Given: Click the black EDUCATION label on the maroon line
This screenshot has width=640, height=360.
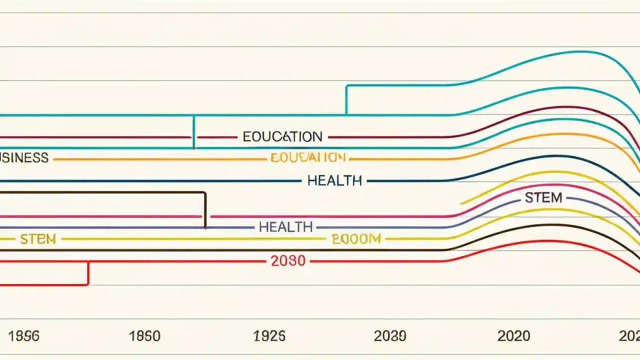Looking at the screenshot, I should (282, 136).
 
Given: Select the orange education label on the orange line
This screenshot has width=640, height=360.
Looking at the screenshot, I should (307, 158).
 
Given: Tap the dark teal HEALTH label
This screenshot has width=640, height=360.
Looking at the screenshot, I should (334, 180).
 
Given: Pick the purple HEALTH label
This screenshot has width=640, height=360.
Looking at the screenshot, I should (285, 227).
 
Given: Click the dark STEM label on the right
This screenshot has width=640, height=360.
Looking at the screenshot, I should (543, 197).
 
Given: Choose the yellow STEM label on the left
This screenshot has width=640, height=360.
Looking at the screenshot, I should (38, 239).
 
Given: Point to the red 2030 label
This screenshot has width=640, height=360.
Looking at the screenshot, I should (288, 260).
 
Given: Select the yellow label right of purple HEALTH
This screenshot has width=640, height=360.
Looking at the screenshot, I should (356, 239).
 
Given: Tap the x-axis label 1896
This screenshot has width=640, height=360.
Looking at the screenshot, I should (24, 336).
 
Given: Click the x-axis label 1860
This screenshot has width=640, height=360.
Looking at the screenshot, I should (145, 336).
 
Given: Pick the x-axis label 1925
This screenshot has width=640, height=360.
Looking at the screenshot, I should (269, 336).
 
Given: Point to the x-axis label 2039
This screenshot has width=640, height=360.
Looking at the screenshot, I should (390, 336).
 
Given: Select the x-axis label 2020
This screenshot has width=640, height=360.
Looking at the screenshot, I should (513, 336).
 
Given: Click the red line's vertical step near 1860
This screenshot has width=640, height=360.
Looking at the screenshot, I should (88, 273).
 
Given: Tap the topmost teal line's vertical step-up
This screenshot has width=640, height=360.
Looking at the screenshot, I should (346, 100).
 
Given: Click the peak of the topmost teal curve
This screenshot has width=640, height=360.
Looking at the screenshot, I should (580, 51).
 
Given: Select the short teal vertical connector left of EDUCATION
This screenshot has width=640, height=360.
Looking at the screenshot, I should (194, 132).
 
